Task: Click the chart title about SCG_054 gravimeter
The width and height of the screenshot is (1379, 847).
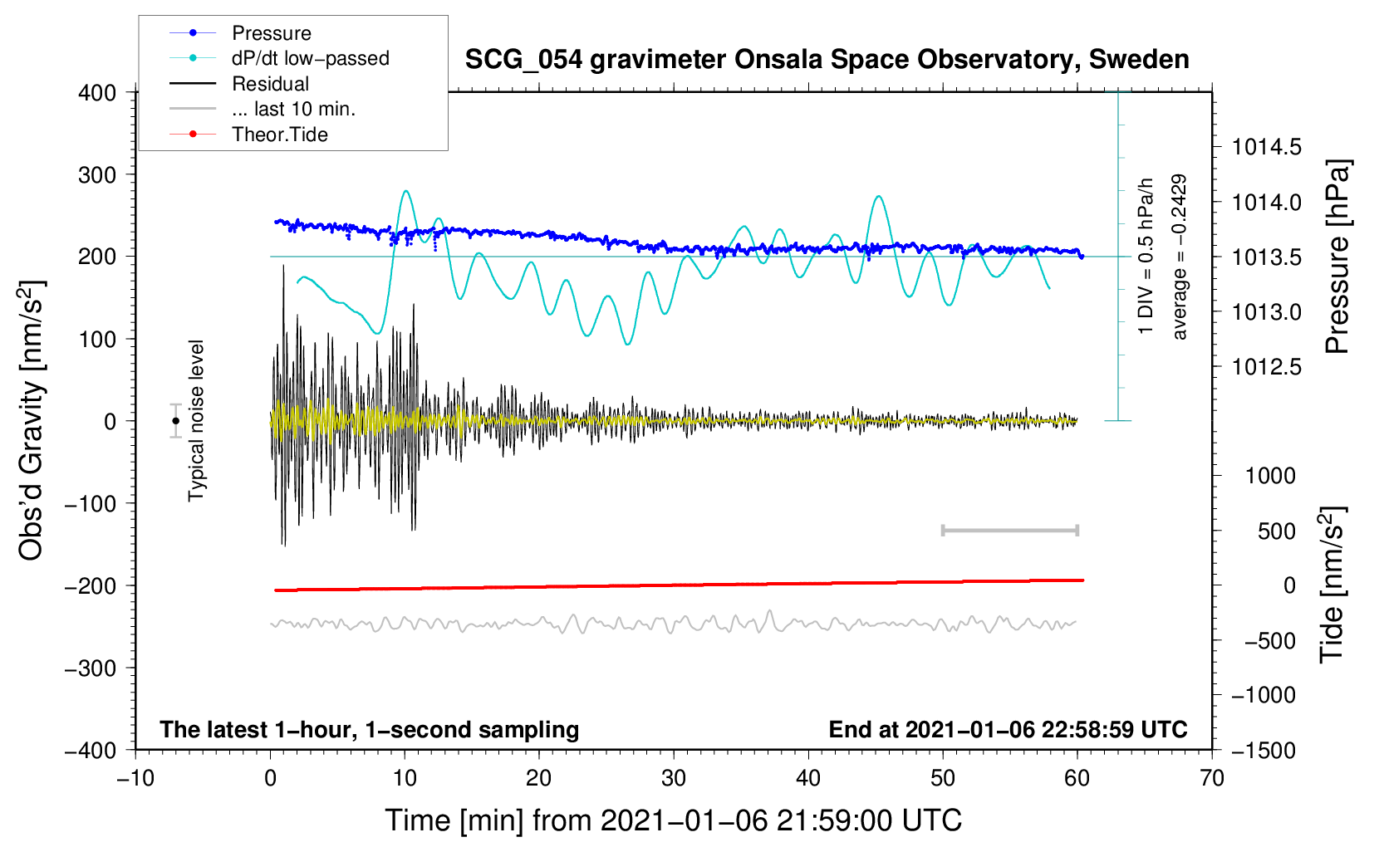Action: coord(827,60)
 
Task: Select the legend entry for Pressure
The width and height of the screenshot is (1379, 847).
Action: coord(271,33)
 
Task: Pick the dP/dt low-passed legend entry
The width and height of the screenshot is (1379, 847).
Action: coord(310,58)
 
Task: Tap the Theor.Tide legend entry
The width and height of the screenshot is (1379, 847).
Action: coord(279,135)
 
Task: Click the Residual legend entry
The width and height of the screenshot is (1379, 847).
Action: coord(270,84)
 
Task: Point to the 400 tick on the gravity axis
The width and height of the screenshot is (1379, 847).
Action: coord(97,93)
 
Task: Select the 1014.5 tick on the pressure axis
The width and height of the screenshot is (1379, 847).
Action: coord(1266,148)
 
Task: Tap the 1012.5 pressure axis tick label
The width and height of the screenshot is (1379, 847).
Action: coord(1266,367)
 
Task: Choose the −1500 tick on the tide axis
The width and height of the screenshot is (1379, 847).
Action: coord(1263,750)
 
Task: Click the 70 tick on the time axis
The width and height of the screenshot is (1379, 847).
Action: coord(1212,778)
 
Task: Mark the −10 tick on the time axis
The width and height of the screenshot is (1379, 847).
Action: coord(135,778)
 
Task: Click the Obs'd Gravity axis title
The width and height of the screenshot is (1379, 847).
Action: coord(32,420)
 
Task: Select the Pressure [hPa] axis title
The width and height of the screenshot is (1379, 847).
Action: coord(1337,257)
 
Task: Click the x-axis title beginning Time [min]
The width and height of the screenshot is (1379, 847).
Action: coord(673,820)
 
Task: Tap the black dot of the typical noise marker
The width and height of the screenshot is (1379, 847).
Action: coord(176,421)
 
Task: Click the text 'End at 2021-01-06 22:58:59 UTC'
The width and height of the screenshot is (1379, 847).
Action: coord(1008,730)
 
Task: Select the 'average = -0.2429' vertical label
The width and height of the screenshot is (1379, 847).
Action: coord(1179,257)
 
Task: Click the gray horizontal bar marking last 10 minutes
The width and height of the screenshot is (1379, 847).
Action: coord(1010,531)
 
